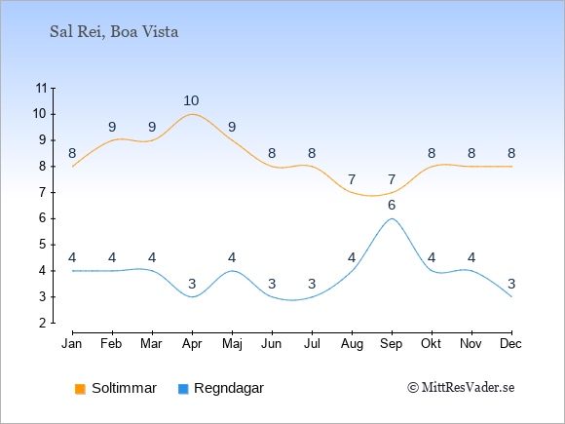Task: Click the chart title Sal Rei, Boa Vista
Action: tap(114, 32)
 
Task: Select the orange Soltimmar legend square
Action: tap(80, 389)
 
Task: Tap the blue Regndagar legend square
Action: tap(183, 389)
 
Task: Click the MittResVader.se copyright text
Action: tap(461, 388)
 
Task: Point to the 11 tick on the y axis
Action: tap(42, 88)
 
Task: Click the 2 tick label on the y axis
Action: tap(43, 323)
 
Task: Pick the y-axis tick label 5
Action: tap(43, 245)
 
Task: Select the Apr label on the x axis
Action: tap(192, 344)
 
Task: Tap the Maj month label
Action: tap(232, 344)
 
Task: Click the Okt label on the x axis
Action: tap(431, 344)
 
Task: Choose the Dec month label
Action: tap(510, 344)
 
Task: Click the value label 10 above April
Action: tap(191, 101)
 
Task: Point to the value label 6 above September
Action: tap(392, 205)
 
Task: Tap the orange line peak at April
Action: tap(192, 114)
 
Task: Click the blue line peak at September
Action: tap(392, 218)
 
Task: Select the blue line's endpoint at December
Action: tap(511, 296)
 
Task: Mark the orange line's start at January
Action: tap(72, 167)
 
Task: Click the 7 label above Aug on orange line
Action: tap(352, 179)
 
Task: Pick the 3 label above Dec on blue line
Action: tap(511, 284)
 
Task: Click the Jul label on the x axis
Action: tap(312, 344)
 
